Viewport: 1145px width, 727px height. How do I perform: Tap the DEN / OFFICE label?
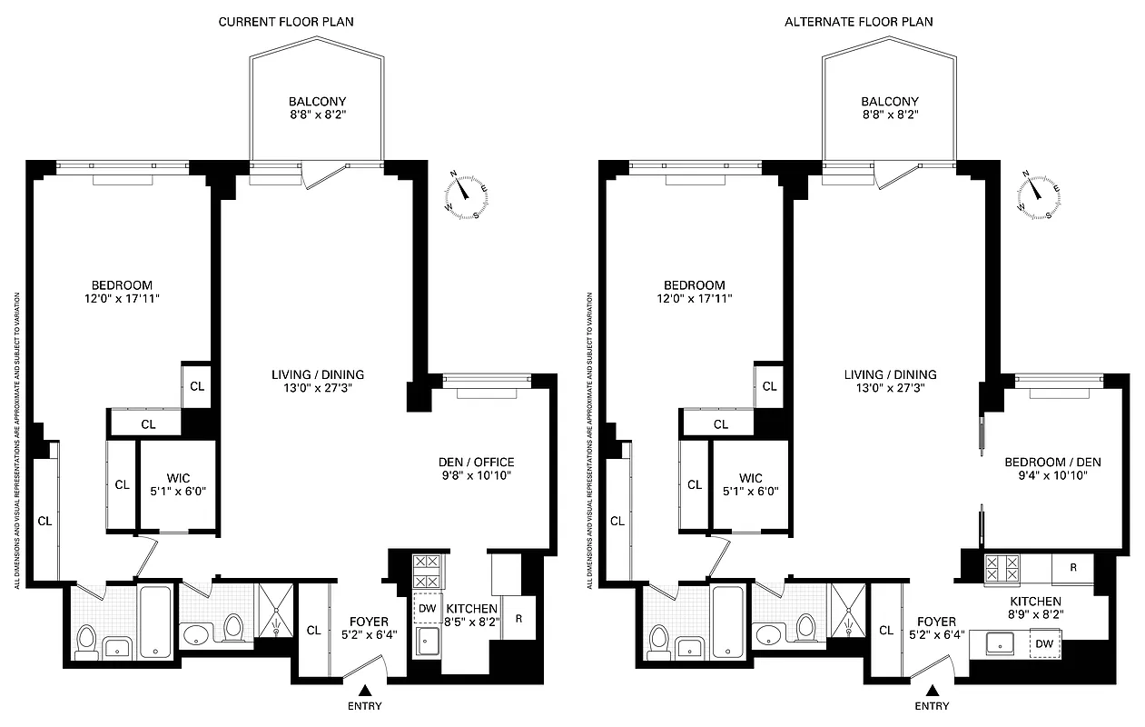[476, 462]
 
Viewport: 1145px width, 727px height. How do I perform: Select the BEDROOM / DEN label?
[1052, 463]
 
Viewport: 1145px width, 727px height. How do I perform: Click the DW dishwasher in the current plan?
[427, 608]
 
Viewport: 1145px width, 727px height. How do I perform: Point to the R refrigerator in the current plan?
[518, 620]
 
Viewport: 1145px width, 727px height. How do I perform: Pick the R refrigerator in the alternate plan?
[1073, 568]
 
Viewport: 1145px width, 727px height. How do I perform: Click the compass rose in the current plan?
[466, 194]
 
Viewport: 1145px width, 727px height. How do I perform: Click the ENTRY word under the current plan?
[364, 706]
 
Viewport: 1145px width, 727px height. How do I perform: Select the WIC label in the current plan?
[178, 477]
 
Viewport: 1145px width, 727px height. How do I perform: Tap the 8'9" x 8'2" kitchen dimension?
[1036, 614]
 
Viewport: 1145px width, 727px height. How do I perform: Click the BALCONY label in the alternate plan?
[889, 102]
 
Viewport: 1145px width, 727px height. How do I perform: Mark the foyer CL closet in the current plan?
[313, 630]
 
